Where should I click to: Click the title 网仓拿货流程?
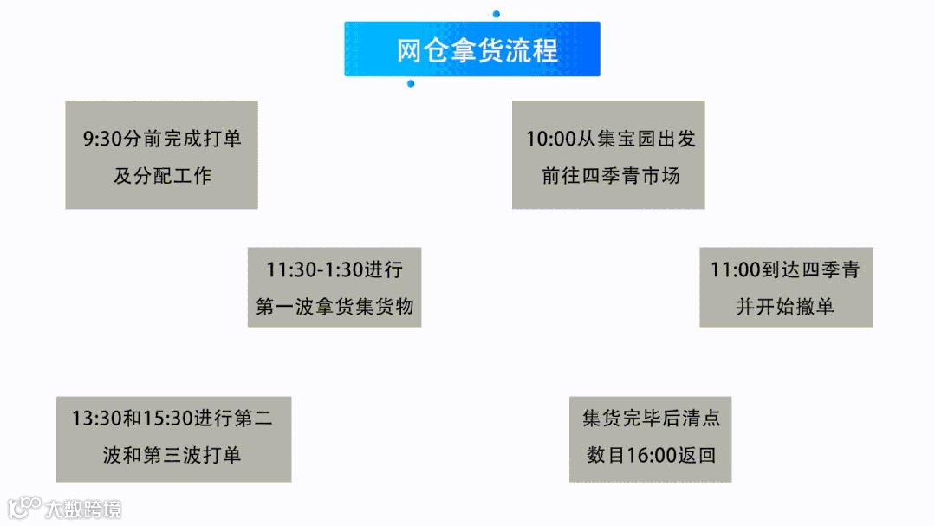tap(477, 49)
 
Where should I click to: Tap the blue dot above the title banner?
tap(496, 14)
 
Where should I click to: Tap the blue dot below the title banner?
tap(411, 84)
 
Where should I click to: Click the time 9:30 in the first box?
tap(100, 139)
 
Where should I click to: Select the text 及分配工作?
tap(162, 176)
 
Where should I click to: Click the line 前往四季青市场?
tap(611, 176)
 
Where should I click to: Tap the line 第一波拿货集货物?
tap(334, 307)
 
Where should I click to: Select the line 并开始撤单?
tap(785, 307)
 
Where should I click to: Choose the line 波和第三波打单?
tap(172, 456)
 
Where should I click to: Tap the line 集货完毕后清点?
tap(651, 419)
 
